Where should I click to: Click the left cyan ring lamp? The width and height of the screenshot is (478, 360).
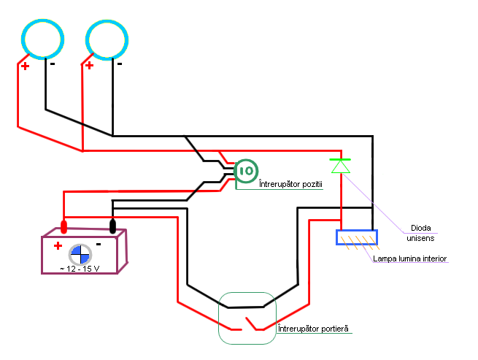(42, 21)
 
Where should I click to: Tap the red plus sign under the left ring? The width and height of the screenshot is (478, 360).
(26, 66)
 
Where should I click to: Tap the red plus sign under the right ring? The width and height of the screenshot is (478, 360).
(89, 65)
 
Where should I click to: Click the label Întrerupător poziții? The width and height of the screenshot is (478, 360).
(290, 184)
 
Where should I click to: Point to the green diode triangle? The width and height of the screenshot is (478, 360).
(341, 166)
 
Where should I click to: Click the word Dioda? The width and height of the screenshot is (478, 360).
(420, 228)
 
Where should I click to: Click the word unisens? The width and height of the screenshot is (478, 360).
(420, 238)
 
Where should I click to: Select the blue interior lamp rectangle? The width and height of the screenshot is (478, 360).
(357, 231)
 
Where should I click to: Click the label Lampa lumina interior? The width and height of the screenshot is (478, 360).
(409, 258)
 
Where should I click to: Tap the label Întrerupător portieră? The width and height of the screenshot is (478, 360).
(313, 329)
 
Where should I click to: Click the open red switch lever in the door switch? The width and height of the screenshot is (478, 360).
(251, 323)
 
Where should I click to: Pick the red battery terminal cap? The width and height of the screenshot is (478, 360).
(63, 227)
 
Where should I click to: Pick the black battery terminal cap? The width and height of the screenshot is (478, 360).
(112, 226)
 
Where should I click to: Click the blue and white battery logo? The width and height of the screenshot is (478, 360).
(80, 254)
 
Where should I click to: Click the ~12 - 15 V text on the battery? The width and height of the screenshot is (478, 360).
(80, 269)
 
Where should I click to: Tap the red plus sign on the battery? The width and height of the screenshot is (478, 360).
(58, 245)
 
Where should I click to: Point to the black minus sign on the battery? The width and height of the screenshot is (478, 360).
(99, 244)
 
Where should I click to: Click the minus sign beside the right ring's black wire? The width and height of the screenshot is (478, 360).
(120, 64)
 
